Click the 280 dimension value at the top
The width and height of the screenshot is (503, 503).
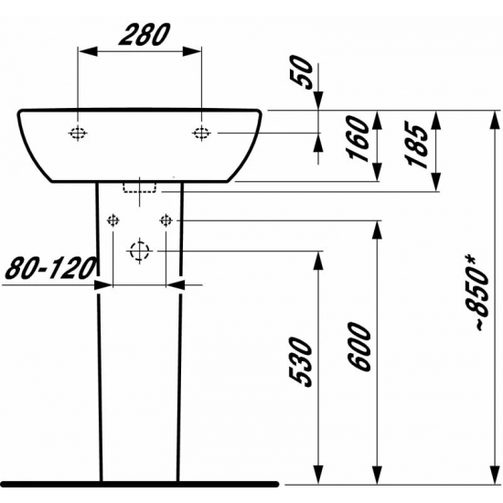(x=142, y=35)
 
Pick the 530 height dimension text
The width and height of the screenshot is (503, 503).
(x=305, y=361)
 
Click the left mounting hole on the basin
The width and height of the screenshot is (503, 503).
(x=79, y=134)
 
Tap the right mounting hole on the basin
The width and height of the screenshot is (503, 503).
(x=202, y=134)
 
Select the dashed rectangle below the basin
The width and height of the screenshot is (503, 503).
(x=140, y=188)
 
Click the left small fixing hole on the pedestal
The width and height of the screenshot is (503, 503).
(x=113, y=220)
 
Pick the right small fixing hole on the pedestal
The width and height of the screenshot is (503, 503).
(x=166, y=220)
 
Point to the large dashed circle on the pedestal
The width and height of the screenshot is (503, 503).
(x=139, y=251)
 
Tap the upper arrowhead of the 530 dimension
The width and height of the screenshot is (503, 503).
(x=319, y=257)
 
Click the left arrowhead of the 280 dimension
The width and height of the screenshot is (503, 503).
(x=85, y=53)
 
